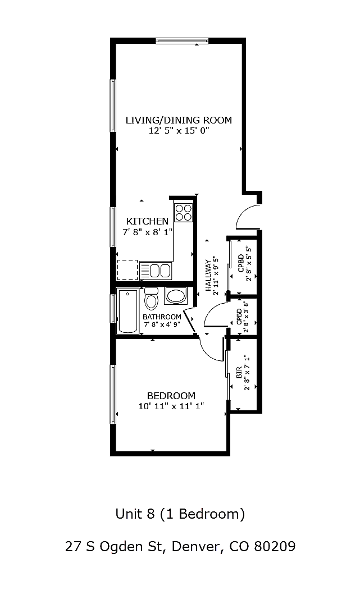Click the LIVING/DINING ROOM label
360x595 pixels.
pos(179,120)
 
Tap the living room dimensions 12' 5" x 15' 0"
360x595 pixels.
pos(179,130)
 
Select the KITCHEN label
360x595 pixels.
pos(147,221)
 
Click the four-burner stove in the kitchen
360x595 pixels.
pos(183,212)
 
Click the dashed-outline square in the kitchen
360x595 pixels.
pos(127,270)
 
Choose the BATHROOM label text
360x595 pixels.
pos(162,317)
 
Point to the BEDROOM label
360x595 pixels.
pos(171,395)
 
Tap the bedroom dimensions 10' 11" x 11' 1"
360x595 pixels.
pos(171,406)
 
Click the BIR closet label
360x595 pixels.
pos(239,372)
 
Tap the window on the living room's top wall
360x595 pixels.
pos(182,40)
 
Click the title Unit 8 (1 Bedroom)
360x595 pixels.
pos(180,513)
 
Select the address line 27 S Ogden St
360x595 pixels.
pos(180,546)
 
